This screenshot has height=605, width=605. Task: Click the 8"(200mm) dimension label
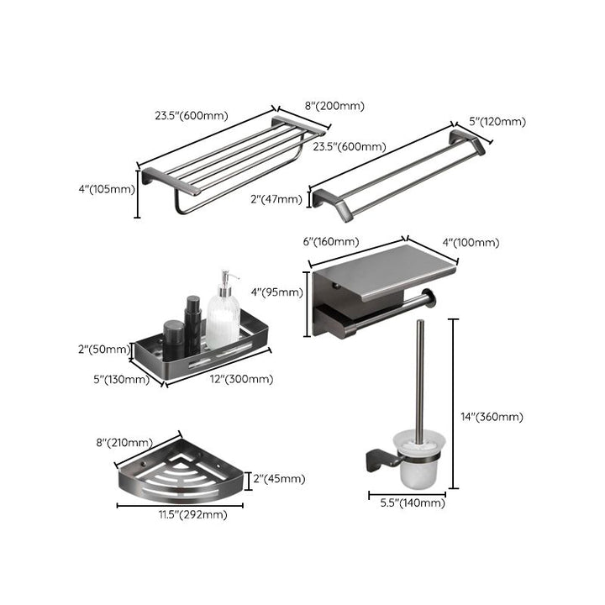tap(334, 106)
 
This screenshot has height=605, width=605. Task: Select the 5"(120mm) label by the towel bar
tap(497, 122)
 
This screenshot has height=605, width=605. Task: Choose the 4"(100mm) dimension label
tap(471, 243)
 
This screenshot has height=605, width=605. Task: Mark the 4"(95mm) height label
tap(276, 292)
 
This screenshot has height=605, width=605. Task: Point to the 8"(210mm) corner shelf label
tap(125, 442)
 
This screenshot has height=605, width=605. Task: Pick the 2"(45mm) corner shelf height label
tap(279, 479)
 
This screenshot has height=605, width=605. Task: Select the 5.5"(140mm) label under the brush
tap(407, 502)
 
